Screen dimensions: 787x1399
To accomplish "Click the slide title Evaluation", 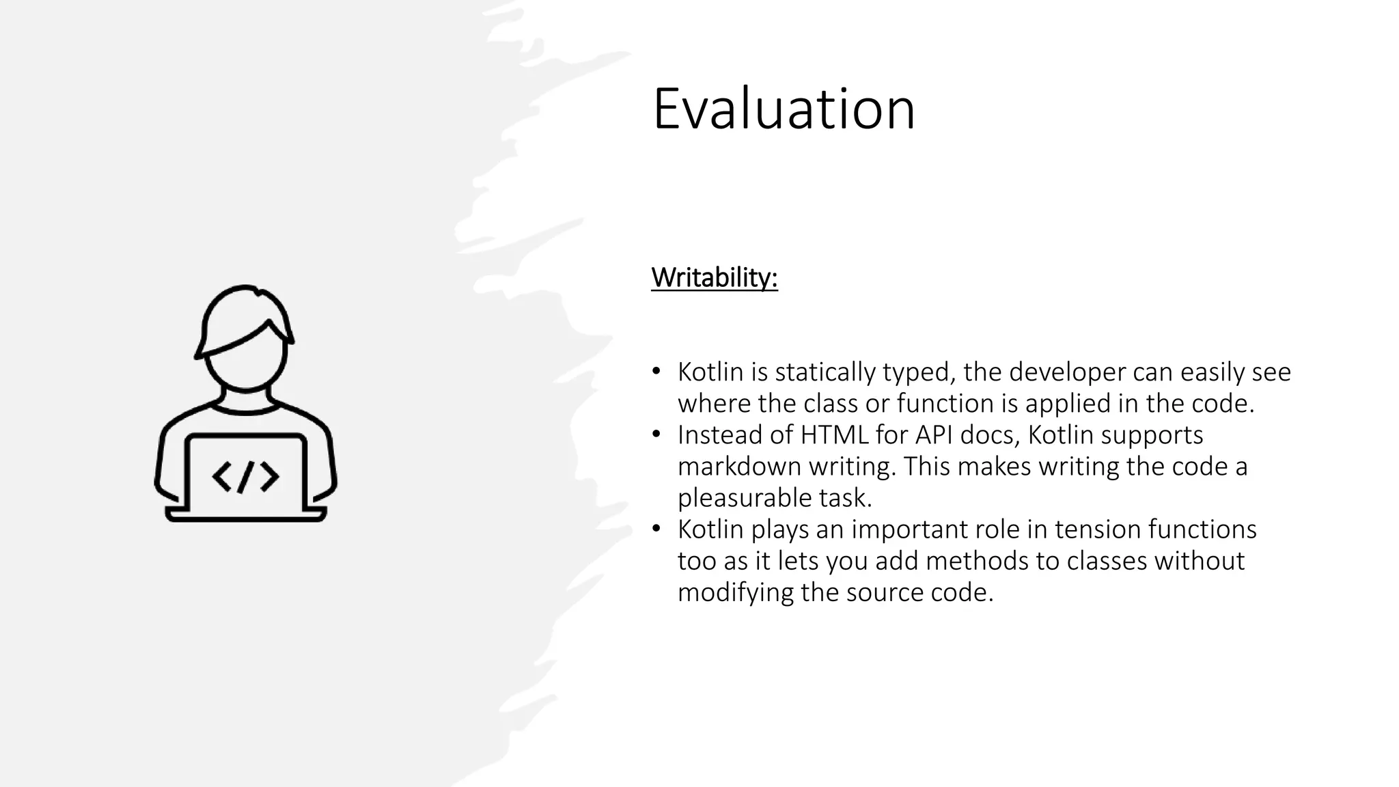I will tap(783, 109).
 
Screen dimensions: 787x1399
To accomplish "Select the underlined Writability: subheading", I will tap(714, 277).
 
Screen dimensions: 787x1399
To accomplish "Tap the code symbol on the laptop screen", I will tap(245, 476).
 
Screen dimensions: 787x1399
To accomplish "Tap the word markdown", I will tap(740, 467).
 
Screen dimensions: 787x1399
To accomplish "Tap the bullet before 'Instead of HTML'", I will tap(656, 434).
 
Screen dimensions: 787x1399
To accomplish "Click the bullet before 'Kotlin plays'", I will tap(656, 529).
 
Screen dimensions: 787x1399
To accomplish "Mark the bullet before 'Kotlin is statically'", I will tap(656, 372).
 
